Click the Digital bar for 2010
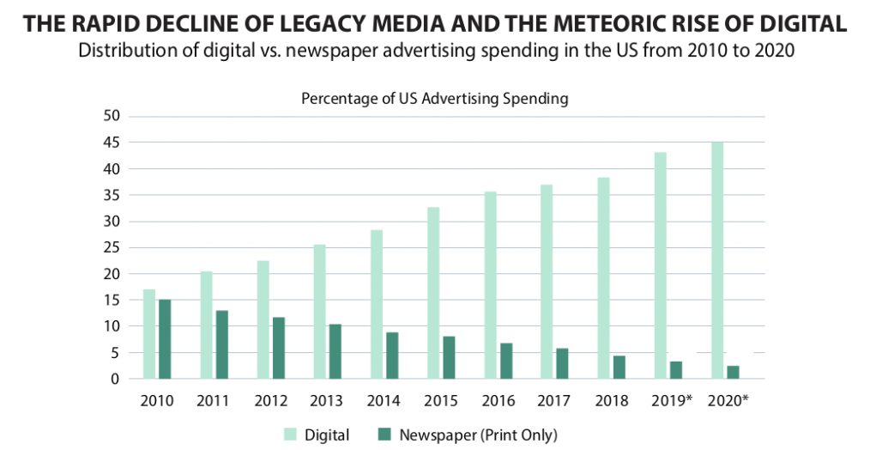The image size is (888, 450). (149, 334)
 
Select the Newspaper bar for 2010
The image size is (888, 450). (164, 339)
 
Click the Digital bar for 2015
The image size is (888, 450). (433, 293)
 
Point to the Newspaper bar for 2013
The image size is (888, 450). (334, 351)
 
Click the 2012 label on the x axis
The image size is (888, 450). (270, 400)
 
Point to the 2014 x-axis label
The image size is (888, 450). (384, 400)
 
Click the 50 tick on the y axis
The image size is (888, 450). (113, 116)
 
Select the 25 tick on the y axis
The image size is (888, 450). (113, 247)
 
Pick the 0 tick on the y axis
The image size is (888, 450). (118, 379)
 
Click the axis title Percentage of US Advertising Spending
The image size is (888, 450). (434, 99)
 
